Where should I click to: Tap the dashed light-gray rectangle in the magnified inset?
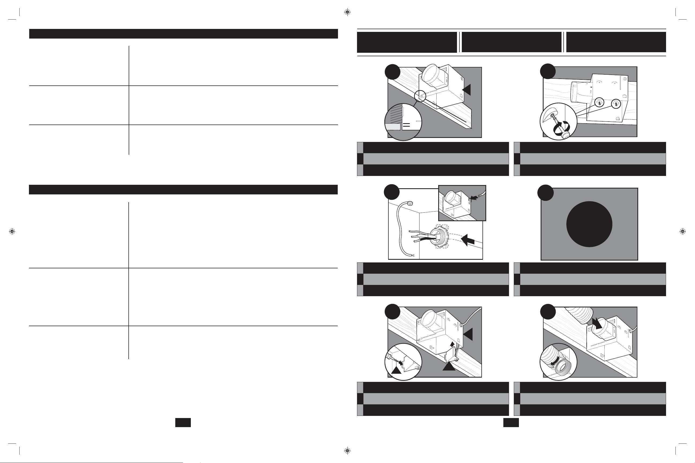[393, 127]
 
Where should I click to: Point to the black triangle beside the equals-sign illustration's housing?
[467, 90]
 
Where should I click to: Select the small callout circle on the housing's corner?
[420, 96]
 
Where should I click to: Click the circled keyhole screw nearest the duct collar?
[599, 103]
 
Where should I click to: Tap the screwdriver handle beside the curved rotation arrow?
[566, 134]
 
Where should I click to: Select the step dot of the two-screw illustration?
[548, 71]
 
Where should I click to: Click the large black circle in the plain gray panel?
[589, 224]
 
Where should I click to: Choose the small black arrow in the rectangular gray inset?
[474, 198]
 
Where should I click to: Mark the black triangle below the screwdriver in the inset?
[396, 369]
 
